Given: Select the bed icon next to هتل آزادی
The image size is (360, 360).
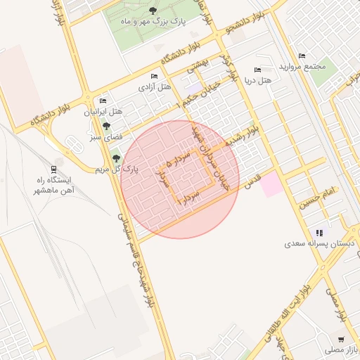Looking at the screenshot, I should pyautogui.click(x=154, y=76).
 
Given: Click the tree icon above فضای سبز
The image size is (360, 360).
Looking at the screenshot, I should pyautogui.click(x=105, y=127).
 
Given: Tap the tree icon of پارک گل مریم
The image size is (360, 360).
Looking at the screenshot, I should pyautogui.click(x=115, y=159).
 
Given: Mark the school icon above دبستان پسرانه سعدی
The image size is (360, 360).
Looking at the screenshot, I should pyautogui.click(x=319, y=233).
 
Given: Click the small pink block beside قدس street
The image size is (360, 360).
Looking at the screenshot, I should pyautogui.click(x=272, y=185).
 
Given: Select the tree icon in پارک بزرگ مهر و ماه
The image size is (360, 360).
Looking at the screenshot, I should pyautogui.click(x=153, y=10).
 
